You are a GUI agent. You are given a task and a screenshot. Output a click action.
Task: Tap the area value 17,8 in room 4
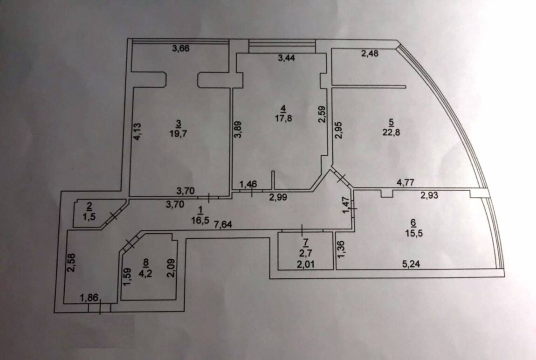coord(282,118)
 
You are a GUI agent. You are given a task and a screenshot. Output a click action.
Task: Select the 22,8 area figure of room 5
coord(391,132)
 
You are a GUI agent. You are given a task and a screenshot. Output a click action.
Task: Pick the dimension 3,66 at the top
coord(182,48)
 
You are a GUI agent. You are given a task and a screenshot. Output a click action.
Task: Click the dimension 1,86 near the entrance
coord(89,298)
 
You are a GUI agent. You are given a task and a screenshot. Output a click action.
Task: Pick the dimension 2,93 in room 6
coord(430,196)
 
